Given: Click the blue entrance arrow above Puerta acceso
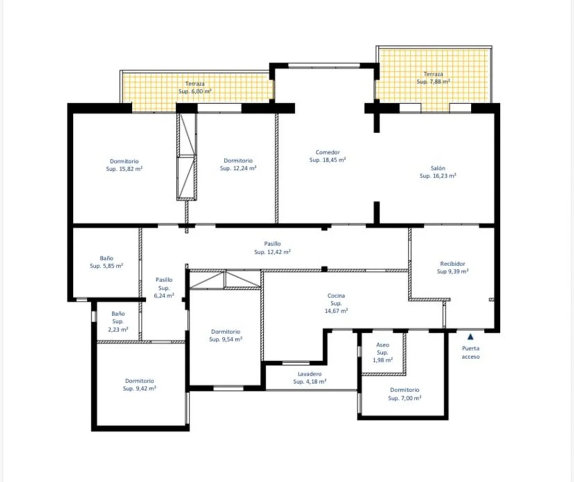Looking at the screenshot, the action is point(470,337).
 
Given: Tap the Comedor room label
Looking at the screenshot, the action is point(327,152).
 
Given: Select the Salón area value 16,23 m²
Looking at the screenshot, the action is point(438,176).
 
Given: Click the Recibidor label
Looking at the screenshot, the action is point(452,264).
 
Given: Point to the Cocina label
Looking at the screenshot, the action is point(336,296).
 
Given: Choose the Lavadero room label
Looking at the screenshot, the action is point(309,374).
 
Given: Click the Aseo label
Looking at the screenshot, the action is point(383,345).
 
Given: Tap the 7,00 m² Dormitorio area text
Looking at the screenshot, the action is point(405,398).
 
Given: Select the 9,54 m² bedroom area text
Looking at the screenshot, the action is point(225,339).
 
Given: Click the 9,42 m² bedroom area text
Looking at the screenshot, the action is point(139,389).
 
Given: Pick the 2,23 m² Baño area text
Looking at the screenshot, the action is point(118,330).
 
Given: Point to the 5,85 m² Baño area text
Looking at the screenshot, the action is point(106,266).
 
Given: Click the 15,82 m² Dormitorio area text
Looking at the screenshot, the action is point(124,169).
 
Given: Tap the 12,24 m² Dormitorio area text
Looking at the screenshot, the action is point(238,168).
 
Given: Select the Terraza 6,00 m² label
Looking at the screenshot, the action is point(195,88).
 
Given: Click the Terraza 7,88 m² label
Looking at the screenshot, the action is point(433,78).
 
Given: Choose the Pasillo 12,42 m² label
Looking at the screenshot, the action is point(272,248).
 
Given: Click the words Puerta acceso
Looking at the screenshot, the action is point(471,352).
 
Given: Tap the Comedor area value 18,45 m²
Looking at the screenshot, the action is point(327,160).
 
